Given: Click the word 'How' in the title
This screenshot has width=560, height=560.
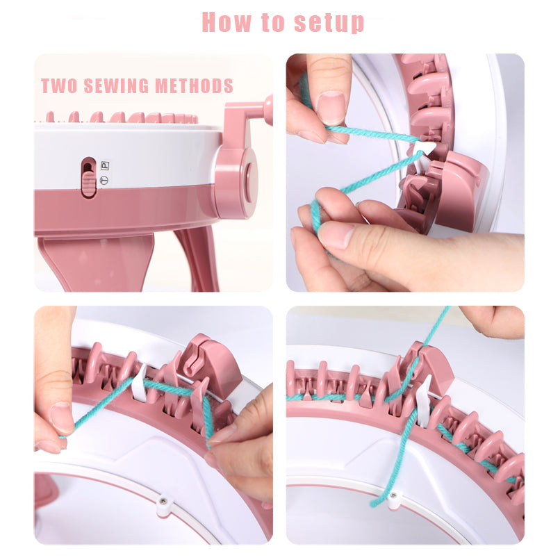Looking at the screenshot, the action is [227, 22].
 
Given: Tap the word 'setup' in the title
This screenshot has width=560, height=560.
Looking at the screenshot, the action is [329, 23].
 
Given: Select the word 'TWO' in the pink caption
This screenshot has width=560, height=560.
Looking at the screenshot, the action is [59, 86].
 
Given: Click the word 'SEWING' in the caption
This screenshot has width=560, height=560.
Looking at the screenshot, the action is [116, 86].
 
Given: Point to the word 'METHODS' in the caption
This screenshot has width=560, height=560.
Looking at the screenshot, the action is [194, 86].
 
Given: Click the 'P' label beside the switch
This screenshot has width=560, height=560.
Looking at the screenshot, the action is [105, 166].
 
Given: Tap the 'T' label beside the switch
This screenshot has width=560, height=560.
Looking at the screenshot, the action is [104, 180].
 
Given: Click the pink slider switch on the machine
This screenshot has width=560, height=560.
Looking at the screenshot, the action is [88, 183].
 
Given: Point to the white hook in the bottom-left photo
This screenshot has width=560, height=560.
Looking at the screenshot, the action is [139, 382].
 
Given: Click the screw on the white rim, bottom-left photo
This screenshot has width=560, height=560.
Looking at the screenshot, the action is [163, 501].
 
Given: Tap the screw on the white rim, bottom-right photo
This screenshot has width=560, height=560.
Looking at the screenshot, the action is [393, 495].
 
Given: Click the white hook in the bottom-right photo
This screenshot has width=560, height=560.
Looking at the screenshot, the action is [424, 401].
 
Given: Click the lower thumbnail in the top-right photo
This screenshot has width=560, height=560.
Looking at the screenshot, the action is [335, 235].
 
